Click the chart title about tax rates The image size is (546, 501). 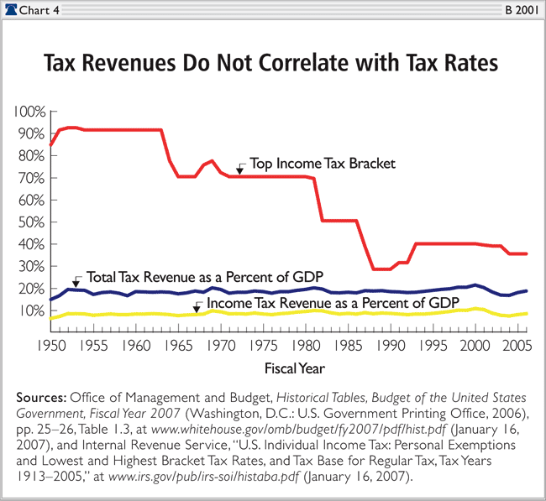[273, 65]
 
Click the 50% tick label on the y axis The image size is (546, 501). [32, 222]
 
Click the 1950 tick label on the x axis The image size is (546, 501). [52, 344]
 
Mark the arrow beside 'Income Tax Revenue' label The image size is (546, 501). [197, 307]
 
